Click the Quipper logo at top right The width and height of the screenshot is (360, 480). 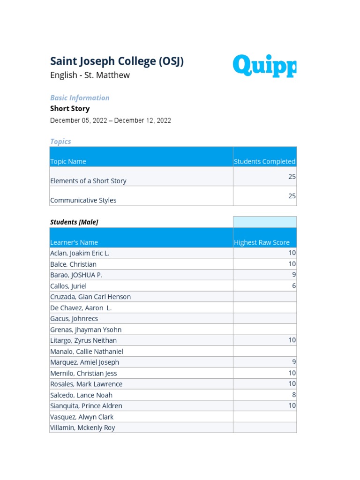point(264,66)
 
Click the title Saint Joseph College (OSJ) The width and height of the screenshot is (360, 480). point(117,61)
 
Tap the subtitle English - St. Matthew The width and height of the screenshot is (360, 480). point(90,75)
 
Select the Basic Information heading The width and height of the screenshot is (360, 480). point(80,97)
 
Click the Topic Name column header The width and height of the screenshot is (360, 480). point(68,161)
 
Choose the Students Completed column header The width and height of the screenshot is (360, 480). point(264,161)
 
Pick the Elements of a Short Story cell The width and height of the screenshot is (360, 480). point(88,180)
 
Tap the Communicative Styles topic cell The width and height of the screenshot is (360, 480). point(83,200)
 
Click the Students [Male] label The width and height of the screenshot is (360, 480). point(74,222)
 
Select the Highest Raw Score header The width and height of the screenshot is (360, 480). point(262,242)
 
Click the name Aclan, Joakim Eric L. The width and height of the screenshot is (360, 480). point(80,253)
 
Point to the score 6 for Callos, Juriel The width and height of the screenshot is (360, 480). point(293,285)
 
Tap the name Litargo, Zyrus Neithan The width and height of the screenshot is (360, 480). point(83,340)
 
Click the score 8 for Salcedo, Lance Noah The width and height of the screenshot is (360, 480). point(293,395)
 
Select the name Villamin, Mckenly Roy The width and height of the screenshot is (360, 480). point(82,427)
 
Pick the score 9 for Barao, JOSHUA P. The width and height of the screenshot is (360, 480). point(293,275)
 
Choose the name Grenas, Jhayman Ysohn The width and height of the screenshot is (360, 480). point(86,330)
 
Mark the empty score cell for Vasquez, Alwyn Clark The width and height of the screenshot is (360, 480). point(265,417)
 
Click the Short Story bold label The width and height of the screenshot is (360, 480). point(70,108)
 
